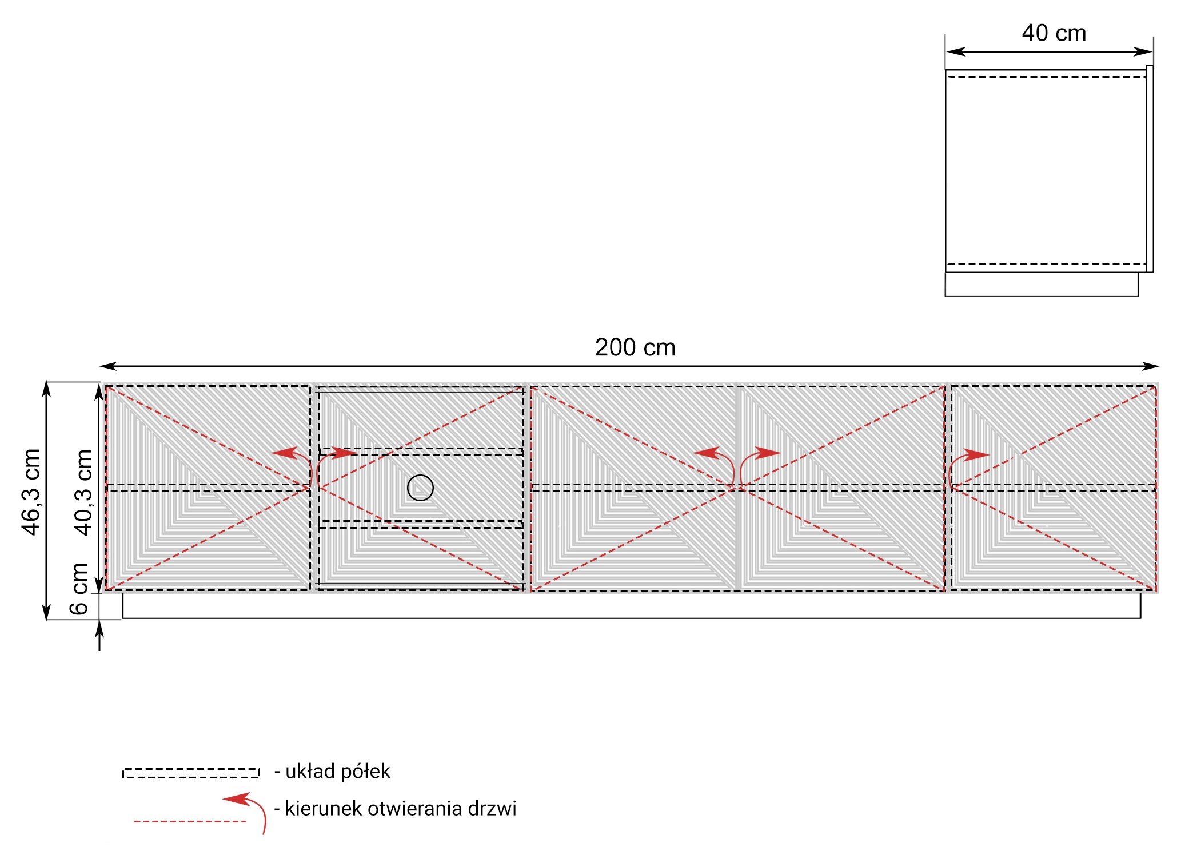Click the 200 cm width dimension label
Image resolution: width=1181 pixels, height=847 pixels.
[x=635, y=347]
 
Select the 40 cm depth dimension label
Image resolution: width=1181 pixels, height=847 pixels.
[x=1054, y=33]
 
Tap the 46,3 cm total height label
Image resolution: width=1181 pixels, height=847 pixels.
[x=31, y=492]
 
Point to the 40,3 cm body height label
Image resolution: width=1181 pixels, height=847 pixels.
[x=83, y=492]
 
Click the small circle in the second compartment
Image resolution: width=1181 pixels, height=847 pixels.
[x=420, y=488]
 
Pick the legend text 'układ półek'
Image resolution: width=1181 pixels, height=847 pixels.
[x=338, y=772]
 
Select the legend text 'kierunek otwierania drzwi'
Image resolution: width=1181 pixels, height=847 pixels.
[x=401, y=809]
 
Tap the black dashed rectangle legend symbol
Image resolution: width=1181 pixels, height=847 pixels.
[x=191, y=773]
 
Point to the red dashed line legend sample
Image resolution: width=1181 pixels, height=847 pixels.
[x=190, y=821]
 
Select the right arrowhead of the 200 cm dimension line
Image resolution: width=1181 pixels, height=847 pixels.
[x=1151, y=366]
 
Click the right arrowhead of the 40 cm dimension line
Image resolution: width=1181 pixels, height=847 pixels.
[x=1144, y=51]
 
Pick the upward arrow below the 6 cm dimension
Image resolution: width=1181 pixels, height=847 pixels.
[x=99, y=636]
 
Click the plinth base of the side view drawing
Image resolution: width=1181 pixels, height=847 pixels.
[x=1042, y=285]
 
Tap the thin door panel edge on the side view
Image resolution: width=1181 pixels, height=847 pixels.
[x=1150, y=169]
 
